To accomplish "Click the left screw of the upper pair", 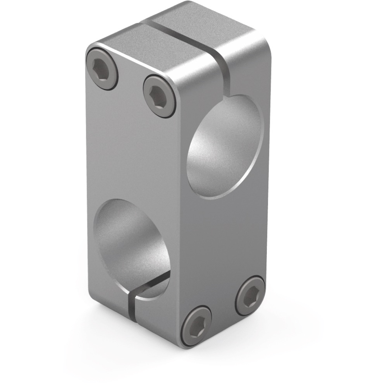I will click(x=102, y=69).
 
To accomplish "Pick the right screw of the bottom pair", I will click(x=250, y=296).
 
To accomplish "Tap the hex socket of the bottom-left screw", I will click(x=196, y=326).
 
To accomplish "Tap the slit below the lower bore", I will click(x=132, y=305).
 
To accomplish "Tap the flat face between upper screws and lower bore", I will click(x=133, y=151).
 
